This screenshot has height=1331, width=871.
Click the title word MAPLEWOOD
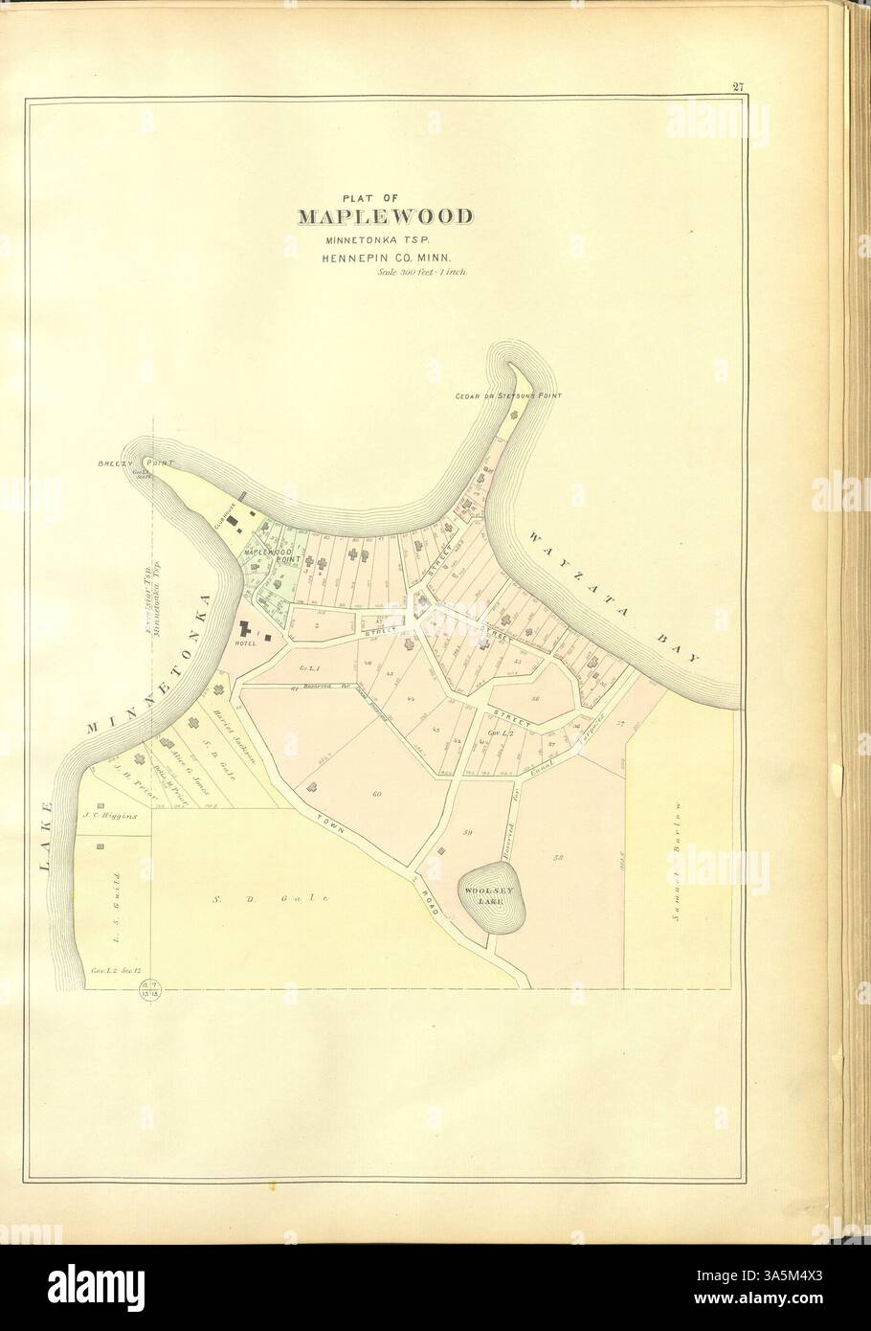(x=385, y=214)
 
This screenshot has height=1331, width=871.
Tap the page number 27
(x=739, y=88)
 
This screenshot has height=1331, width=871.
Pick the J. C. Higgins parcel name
(x=110, y=817)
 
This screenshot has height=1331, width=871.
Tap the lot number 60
(x=377, y=794)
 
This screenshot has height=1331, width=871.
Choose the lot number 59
(x=468, y=832)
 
